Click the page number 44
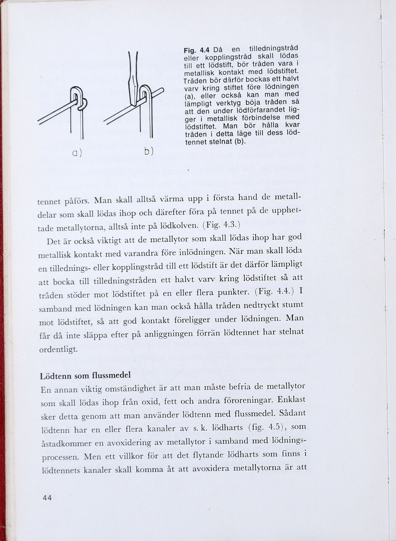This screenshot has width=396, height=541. [x=47, y=498]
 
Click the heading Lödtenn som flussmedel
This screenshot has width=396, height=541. [x=85, y=375]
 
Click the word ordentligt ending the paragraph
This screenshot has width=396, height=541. [x=58, y=350]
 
